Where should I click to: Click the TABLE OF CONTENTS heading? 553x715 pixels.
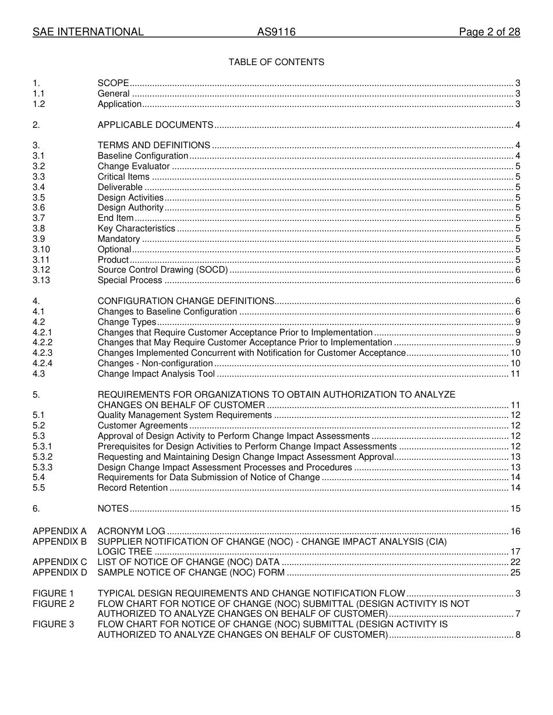coord(276,62)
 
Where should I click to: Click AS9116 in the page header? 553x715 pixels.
coord(276,33)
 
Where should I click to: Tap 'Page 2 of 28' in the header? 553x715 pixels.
coord(489,33)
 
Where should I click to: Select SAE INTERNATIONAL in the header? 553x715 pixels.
coord(88,33)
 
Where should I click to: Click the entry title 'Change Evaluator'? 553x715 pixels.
coord(133,167)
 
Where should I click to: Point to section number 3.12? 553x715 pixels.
coord(41,270)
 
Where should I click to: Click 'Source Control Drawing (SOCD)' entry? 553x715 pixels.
coord(162,270)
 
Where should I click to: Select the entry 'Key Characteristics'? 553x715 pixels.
coord(136,228)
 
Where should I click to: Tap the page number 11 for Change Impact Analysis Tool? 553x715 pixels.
coord(515,374)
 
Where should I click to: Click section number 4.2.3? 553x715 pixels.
coord(42,353)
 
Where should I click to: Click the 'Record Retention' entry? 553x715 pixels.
coord(133,488)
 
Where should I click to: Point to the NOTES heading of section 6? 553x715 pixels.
coord(113,509)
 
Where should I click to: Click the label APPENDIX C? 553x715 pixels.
coord(59,563)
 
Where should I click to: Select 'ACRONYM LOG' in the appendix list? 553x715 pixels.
coord(131,531)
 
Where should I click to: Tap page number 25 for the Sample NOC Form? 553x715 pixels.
coord(515,573)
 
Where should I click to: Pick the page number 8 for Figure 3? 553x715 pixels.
coord(517,635)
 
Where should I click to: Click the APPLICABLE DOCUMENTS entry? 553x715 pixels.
coord(155,126)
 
